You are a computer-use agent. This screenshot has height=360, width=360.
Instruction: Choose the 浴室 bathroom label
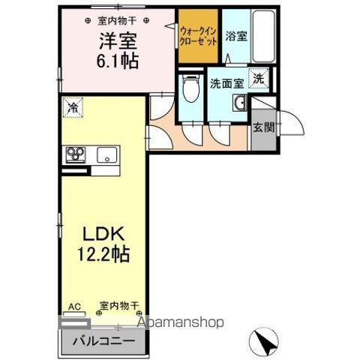[x=237, y=35]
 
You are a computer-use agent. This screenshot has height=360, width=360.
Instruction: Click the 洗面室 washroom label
[x=226, y=82]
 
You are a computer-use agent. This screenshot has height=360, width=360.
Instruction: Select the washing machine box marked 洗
[x=258, y=79]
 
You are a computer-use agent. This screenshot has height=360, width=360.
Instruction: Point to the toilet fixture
[x=190, y=91]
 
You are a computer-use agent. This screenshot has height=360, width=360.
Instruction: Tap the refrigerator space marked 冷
[x=73, y=109]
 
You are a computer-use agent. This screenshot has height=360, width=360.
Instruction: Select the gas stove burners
[x=75, y=155]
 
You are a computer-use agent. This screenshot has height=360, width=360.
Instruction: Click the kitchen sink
[x=105, y=156]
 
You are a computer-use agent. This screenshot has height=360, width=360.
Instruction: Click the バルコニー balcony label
[x=103, y=341]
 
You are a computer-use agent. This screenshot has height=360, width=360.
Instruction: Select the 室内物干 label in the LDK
[x=119, y=306]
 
